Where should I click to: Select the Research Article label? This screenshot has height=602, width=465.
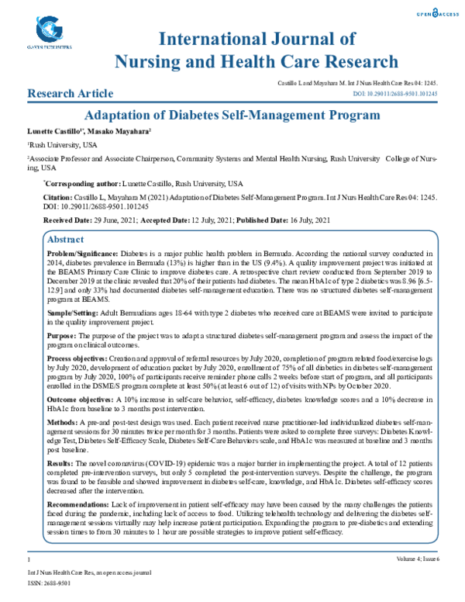(65, 94)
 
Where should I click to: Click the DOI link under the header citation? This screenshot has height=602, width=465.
(395, 94)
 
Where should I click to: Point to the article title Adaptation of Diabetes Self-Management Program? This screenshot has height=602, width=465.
(232, 116)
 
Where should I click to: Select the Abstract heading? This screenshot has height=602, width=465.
(66, 240)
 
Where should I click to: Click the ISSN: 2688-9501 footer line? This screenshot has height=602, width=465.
(49, 582)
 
